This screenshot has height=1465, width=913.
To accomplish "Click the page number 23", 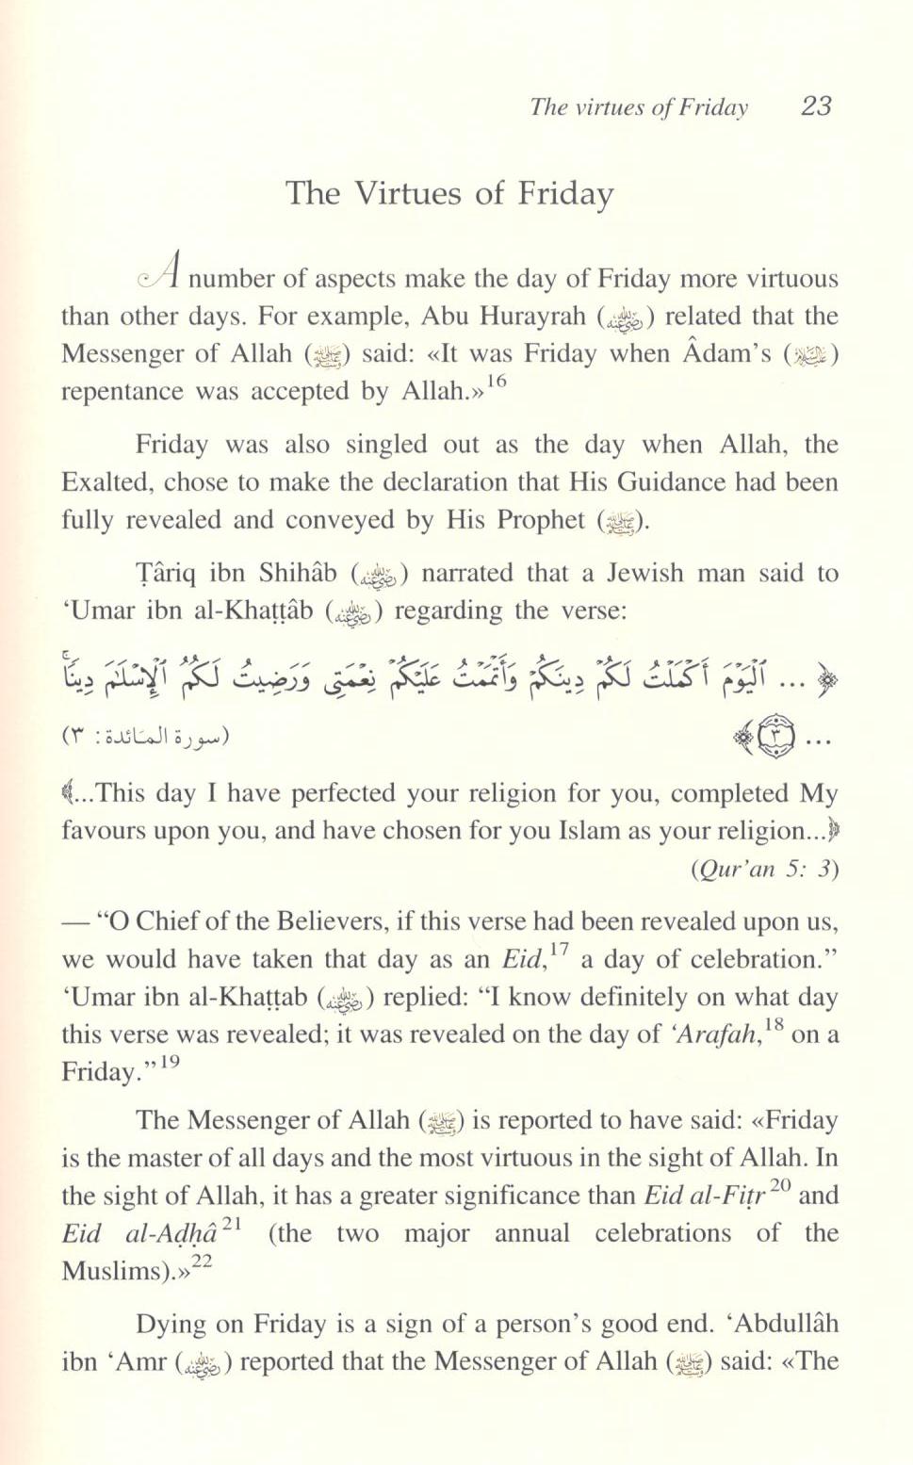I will coord(816,106).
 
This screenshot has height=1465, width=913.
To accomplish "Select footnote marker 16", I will coord(497,382).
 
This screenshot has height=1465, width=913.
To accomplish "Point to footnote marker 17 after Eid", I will coord(559,950).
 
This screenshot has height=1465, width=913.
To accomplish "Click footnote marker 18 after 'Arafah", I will coord(774,1025).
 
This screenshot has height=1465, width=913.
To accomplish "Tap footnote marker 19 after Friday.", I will coord(170,1063).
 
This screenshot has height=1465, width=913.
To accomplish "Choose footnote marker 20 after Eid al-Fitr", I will coord(780,1186).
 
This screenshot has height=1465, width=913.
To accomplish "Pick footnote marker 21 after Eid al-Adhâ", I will coord(233,1224).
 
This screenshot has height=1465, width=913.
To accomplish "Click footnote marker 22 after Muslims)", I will coord(202,1262).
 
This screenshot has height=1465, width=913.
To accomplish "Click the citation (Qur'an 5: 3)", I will coord(764,869).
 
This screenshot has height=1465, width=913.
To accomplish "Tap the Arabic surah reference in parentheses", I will coord(146,736).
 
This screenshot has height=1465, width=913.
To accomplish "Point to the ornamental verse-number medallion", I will coord(770,738).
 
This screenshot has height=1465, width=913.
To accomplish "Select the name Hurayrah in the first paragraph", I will coord(531,317).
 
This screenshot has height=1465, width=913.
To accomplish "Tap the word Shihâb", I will coord(298,573).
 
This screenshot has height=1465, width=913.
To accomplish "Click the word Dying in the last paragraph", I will coord(172,1324).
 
